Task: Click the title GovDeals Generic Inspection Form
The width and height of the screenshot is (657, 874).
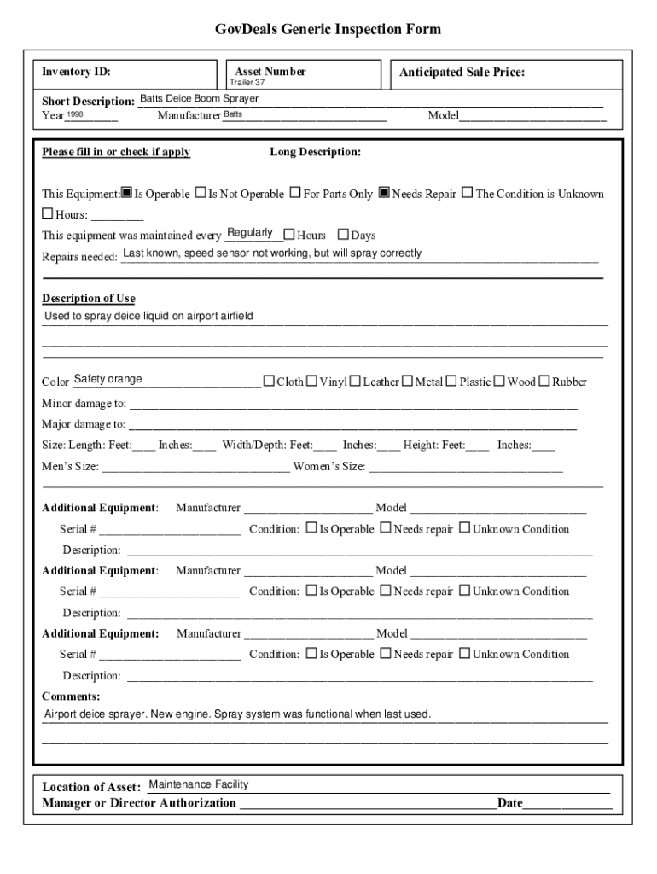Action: point(328,30)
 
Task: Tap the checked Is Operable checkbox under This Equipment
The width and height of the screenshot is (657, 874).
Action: point(126,193)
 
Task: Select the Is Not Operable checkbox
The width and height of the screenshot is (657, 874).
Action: point(201,193)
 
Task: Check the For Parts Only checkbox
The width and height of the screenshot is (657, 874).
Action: point(295,193)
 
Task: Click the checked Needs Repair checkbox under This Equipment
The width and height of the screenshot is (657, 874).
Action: point(384,193)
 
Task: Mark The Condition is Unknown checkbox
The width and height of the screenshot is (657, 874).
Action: point(467,193)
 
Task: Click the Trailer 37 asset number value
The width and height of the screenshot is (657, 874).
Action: point(247,83)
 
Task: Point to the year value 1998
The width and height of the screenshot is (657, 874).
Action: point(75,114)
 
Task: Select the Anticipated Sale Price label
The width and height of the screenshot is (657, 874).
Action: point(462,73)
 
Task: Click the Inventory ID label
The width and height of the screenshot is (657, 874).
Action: point(76,73)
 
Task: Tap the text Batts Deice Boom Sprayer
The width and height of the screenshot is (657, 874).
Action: point(199,99)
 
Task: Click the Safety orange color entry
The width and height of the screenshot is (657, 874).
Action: point(108,379)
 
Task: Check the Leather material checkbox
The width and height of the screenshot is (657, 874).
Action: point(355,381)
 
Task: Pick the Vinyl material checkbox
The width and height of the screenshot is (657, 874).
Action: point(311,381)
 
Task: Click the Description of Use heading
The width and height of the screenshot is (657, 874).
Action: point(89,299)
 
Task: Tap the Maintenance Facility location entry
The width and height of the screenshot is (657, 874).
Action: point(198,784)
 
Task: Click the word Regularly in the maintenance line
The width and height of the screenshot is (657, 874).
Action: point(250,233)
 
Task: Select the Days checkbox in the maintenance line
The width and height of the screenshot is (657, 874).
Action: point(343,235)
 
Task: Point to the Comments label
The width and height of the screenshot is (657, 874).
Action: point(70,696)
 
